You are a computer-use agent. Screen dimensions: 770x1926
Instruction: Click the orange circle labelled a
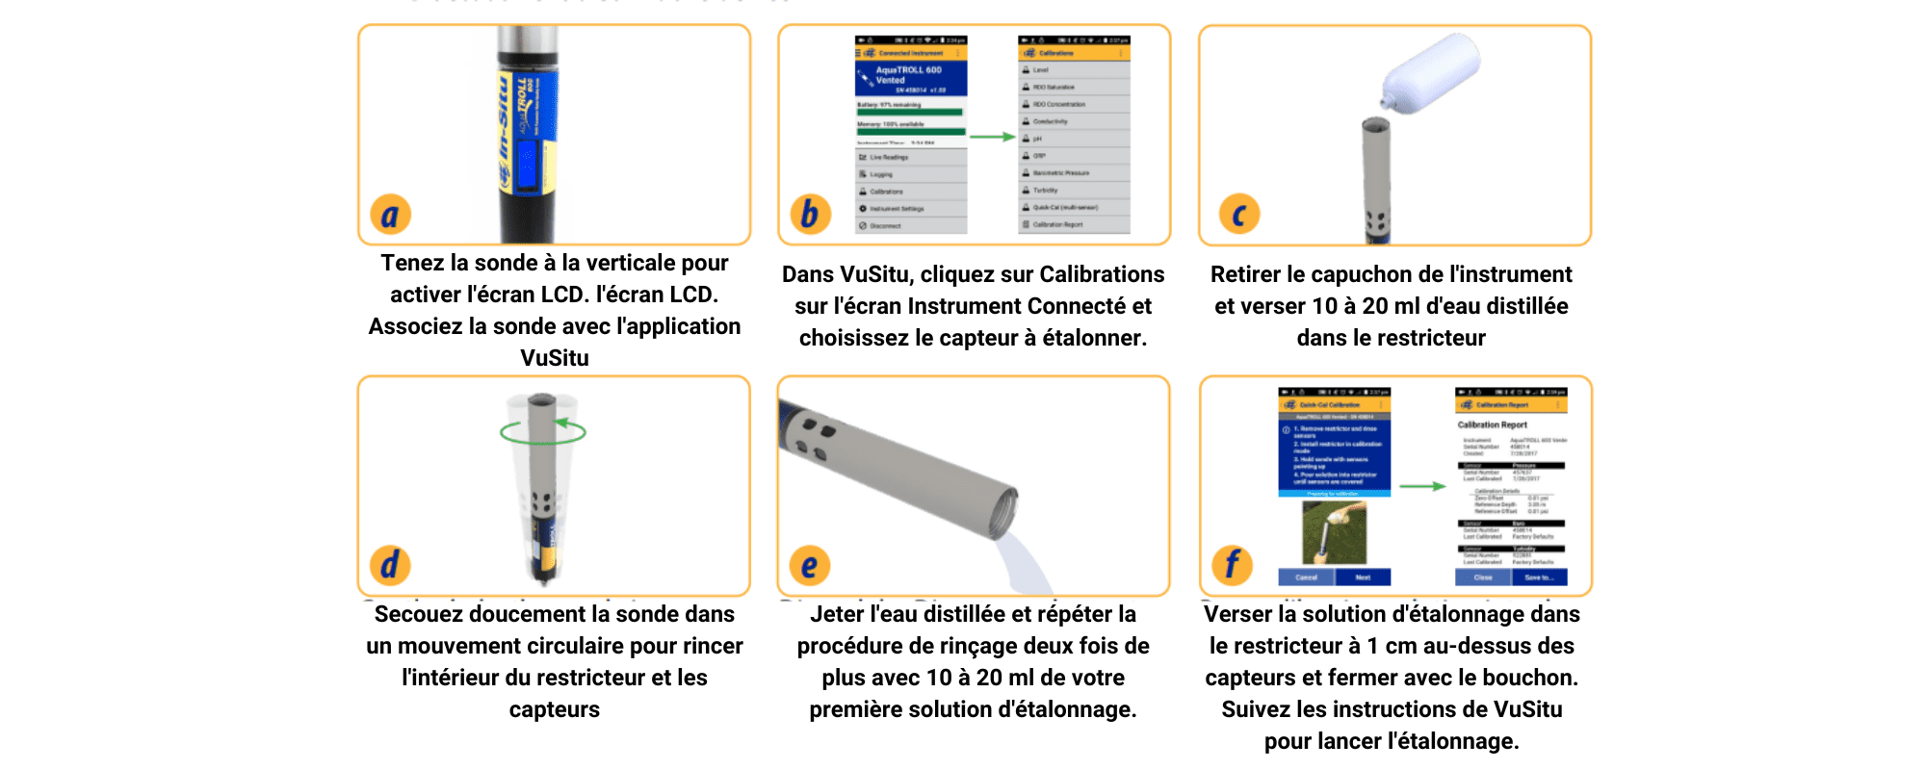point(390,215)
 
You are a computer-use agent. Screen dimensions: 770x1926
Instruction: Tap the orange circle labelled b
point(810,214)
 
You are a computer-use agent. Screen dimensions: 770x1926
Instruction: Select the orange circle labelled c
point(1239,214)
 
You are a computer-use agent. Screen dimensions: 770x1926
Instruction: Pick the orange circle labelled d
point(390,565)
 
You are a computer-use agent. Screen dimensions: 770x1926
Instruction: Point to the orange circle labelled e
point(809,566)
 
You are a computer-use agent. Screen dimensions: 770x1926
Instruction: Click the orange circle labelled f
point(1232,565)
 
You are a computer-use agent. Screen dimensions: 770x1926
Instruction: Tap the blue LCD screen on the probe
point(527,164)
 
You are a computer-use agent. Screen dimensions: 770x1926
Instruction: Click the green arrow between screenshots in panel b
point(992,137)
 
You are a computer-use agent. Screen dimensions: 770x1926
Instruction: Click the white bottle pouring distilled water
point(1431,72)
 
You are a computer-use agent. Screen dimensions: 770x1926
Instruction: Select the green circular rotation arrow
point(543,432)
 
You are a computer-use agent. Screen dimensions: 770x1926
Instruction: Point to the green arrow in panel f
point(1422,486)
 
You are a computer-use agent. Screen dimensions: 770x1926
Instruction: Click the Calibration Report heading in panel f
point(1492,424)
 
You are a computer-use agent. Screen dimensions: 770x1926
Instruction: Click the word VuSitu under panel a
point(555,358)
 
